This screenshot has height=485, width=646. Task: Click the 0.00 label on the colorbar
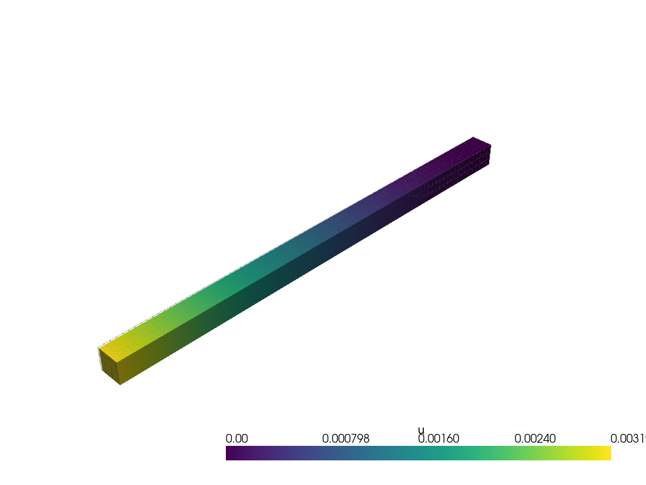pos(237,439)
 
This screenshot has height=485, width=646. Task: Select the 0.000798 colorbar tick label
pos(346,439)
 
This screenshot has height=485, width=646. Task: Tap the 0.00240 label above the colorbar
pos(535,439)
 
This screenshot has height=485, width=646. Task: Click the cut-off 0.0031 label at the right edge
pos(628,439)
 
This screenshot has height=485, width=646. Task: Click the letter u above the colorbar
pos(421,431)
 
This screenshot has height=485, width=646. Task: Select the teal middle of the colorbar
pos(419,453)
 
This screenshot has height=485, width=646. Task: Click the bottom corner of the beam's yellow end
pos(120,384)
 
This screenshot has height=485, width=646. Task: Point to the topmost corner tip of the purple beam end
pos(473,137)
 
